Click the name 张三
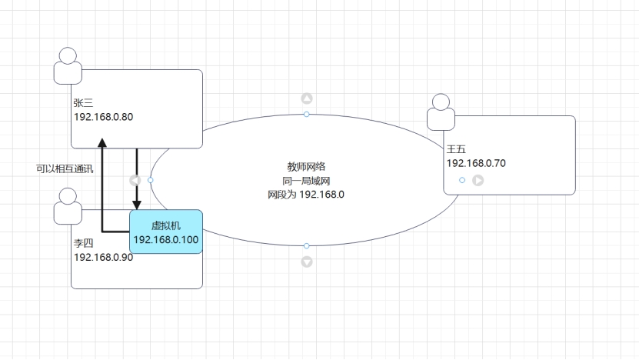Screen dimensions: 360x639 (82, 102)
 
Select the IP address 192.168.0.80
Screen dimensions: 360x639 (104, 117)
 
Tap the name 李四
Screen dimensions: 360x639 (82, 242)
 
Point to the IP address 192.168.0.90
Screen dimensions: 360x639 (104, 257)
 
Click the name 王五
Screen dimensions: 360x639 (456, 148)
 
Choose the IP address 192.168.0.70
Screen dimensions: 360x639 (476, 163)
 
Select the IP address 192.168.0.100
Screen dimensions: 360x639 (166, 239)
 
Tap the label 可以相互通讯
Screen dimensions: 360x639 (65, 168)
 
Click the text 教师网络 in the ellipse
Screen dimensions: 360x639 (306, 166)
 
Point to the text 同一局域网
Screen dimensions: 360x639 (306, 180)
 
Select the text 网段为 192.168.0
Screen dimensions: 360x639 (306, 194)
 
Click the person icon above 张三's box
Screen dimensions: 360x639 (68, 65)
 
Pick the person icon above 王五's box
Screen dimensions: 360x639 (441, 112)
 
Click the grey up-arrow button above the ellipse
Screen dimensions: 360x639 (307, 98)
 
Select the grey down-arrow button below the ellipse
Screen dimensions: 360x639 (307, 262)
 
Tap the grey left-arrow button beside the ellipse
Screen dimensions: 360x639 (135, 180)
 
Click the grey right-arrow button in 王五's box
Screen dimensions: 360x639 (478, 180)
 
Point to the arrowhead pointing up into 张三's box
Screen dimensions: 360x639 (102, 142)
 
